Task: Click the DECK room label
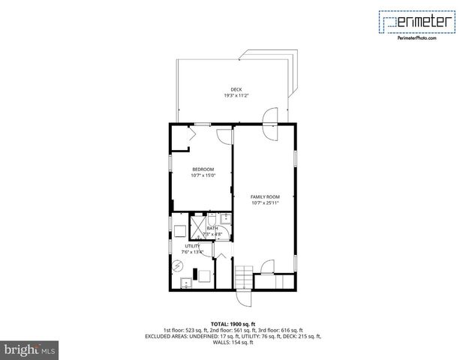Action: (236, 89)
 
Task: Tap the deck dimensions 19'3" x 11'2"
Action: (236, 96)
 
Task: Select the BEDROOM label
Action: (203, 169)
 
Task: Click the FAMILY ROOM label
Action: (265, 196)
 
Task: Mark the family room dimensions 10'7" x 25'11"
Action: (265, 202)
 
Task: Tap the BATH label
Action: (212, 228)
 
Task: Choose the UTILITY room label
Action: (192, 246)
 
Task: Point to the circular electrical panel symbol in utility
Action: (178, 265)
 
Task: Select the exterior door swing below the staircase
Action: (245, 298)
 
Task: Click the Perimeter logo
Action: (416, 22)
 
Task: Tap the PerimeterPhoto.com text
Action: (416, 38)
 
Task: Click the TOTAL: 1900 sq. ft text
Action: (233, 324)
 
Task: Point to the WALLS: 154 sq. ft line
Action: (233, 342)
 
